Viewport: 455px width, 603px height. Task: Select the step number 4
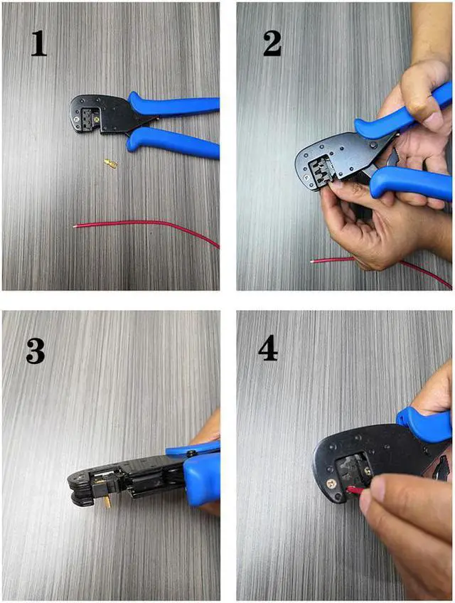(x=269, y=348)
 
